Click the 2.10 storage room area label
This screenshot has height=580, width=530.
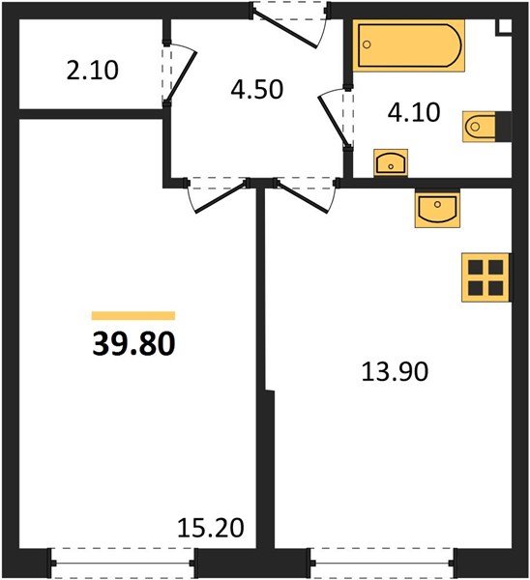coord(93,71)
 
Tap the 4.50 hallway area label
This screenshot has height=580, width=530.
coord(257,89)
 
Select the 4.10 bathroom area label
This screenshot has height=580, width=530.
coord(414,112)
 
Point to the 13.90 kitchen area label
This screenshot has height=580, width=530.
coord(395,371)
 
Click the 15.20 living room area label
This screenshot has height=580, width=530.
coord(211,528)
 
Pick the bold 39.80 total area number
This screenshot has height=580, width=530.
coord(133,344)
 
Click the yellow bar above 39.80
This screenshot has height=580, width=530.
coord(133,315)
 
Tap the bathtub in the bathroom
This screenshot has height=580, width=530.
coord(408,45)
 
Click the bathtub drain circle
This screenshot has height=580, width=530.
coord(367,44)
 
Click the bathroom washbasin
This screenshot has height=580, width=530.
coord(391,163)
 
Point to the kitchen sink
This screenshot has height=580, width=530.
coord(437,208)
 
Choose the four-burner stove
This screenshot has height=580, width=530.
coord(486,277)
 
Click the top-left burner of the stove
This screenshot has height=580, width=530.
coord(475,267)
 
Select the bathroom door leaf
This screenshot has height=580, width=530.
coord(333,120)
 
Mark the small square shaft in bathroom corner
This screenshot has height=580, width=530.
coord(504,27)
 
